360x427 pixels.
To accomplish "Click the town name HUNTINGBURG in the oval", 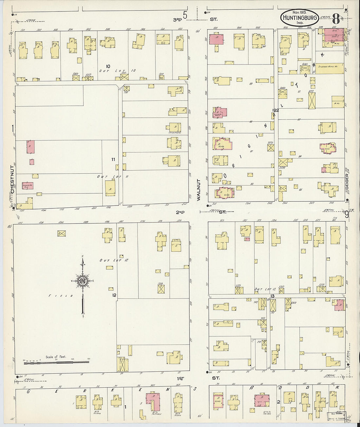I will point(300,18).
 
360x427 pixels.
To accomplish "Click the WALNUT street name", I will point(198,189).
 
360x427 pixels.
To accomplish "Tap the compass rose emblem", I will point(82,281).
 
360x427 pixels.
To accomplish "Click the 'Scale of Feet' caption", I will point(56,357).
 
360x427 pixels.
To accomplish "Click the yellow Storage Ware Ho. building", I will point(329,68).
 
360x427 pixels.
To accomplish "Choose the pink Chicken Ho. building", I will point(27,186).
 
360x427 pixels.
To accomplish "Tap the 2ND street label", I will point(180,212).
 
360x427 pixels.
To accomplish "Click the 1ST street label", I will point(180,378).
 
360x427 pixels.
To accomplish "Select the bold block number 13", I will point(272,296).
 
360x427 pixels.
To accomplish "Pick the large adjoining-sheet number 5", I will point(186,15).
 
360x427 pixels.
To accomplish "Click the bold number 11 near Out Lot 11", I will point(113,159).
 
